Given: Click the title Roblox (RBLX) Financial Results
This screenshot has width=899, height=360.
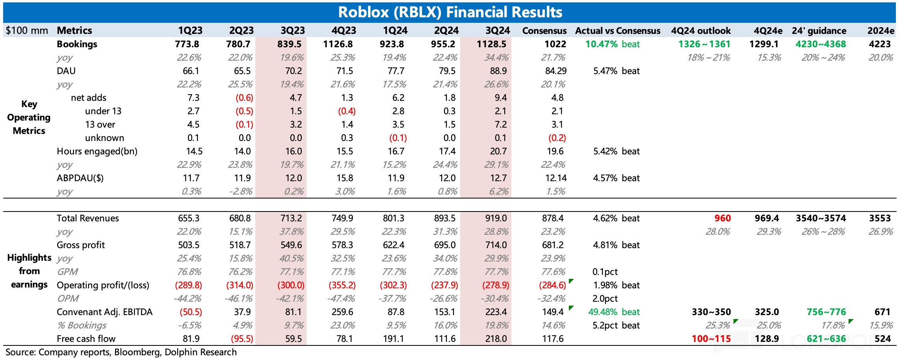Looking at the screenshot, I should tap(450, 12).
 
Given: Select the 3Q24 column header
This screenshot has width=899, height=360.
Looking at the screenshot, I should tap(498, 31).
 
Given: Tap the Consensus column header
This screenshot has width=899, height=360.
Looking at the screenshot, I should tap(544, 31).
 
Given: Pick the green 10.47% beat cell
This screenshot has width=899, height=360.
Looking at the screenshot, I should tap(612, 44).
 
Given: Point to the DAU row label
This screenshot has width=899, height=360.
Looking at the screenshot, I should tap(66, 71).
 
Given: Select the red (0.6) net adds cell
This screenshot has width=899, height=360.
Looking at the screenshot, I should tap(244, 98).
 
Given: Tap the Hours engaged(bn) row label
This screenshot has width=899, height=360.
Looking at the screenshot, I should tap(97, 151).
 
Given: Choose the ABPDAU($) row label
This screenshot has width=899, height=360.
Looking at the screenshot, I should tap(80, 178).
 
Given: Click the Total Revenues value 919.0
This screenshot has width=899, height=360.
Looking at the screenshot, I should tap(496, 218).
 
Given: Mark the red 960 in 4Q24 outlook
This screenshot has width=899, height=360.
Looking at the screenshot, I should tap(723, 218).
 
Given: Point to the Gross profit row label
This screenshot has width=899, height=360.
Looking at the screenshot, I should tap(81, 245).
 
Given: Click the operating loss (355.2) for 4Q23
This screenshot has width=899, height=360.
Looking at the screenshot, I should tap(342, 285).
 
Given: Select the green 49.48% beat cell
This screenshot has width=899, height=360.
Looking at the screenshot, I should tap(614, 312).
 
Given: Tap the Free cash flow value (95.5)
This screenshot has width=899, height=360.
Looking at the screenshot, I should tap(240, 339).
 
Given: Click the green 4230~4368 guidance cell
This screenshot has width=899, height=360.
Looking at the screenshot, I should tap(821, 44).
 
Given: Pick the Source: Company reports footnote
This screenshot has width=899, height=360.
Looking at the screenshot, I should tap(121, 352).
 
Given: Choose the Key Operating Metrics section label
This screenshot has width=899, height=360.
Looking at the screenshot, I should tap(29, 117).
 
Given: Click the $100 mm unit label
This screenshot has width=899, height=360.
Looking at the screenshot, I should tap(27, 31).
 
